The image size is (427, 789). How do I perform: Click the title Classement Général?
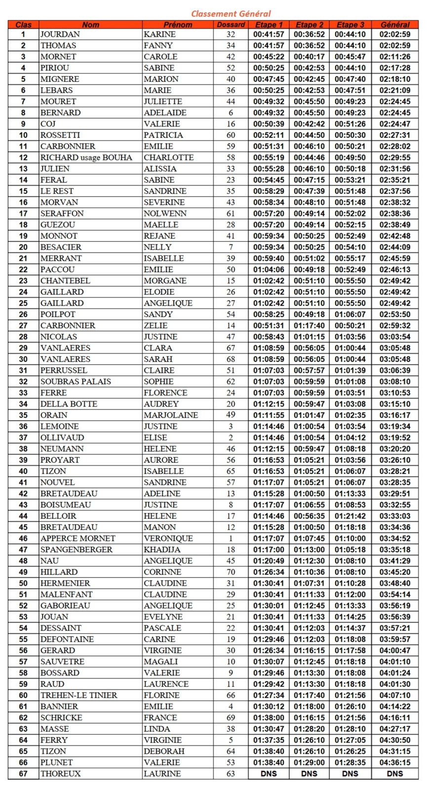[x=231, y=14]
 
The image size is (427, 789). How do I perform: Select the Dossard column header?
[x=231, y=25]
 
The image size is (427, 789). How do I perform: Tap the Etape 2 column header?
[x=310, y=25]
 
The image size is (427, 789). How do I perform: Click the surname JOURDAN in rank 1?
[x=60, y=35]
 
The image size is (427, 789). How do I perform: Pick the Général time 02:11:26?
[x=394, y=57]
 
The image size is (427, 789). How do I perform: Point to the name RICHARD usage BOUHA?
[x=86, y=158]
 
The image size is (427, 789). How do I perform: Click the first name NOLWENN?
[x=165, y=214]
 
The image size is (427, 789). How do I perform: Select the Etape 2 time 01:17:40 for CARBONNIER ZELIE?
[x=310, y=325]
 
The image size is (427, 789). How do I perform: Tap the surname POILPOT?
[x=58, y=315]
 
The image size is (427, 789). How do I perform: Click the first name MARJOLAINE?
[x=171, y=415]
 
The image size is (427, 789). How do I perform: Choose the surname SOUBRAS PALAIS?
[x=76, y=382]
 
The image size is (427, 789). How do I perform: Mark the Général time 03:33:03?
[x=394, y=516]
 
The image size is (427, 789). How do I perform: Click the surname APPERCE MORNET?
[x=78, y=538]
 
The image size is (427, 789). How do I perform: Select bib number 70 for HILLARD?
[x=231, y=572]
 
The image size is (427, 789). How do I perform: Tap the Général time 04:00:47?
[x=394, y=650]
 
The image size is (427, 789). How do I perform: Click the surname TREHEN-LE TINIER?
[x=78, y=695]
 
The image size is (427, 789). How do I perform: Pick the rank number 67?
[x=23, y=774]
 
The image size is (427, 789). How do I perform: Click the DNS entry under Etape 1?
[x=269, y=774]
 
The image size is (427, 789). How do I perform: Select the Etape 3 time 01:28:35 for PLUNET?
[x=350, y=762]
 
